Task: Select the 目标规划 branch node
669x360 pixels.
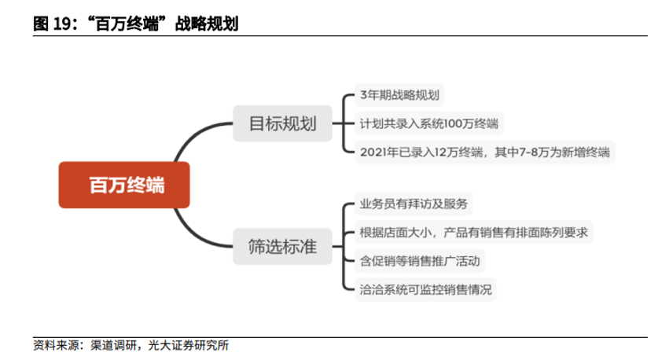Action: pyautogui.click(x=281, y=123)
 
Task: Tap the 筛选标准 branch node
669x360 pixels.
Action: pyautogui.click(x=281, y=248)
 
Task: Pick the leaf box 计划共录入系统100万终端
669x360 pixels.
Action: pyautogui.click(x=428, y=123)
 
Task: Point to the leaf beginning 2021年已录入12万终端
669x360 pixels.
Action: pyautogui.click(x=484, y=151)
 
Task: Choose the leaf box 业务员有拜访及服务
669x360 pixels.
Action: pyautogui.click(x=414, y=204)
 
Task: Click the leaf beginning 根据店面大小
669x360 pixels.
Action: pyautogui.click(x=474, y=233)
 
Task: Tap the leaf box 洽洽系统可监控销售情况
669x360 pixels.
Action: pyautogui.click(x=425, y=288)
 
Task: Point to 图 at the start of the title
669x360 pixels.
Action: pyautogui.click(x=40, y=24)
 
